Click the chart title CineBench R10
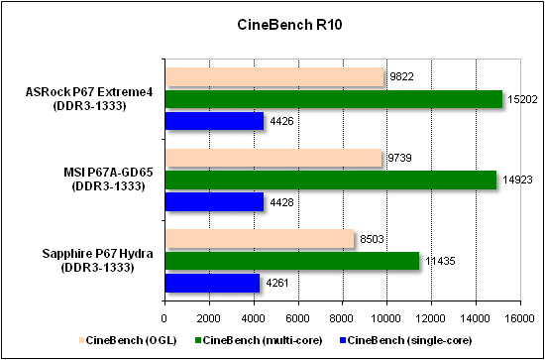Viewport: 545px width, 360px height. coord(272,23)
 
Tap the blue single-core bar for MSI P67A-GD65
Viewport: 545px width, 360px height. coord(213,201)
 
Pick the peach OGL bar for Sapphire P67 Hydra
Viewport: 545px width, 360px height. coord(260,239)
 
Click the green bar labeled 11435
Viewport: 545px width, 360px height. coord(292,261)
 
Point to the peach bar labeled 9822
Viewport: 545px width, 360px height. coord(274,77)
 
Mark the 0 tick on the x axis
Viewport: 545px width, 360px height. coord(164,317)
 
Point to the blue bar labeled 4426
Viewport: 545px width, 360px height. coord(213,121)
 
